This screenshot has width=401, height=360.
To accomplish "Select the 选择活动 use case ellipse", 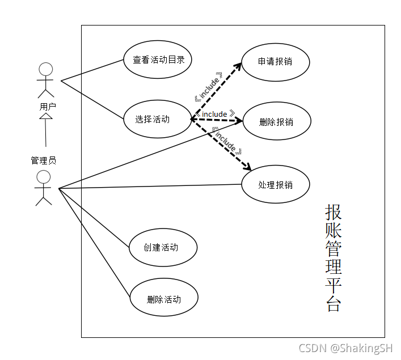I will pos(158,119).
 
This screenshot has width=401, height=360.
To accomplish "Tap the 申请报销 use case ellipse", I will pos(275,61).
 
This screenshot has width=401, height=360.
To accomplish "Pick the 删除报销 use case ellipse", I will pos(276,122).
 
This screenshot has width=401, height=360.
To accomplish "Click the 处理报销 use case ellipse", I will pos(275,184).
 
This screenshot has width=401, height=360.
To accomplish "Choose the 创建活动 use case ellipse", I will pos(163,247).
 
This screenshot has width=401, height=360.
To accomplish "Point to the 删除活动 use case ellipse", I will pos(164,299).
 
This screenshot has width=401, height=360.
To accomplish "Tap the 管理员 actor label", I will pos(44,160).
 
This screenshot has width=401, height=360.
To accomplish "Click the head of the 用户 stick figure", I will pos(46,70).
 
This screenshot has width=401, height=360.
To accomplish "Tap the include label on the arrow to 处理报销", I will pos(226,141).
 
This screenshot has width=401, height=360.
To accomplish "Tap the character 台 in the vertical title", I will pos(334,303).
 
